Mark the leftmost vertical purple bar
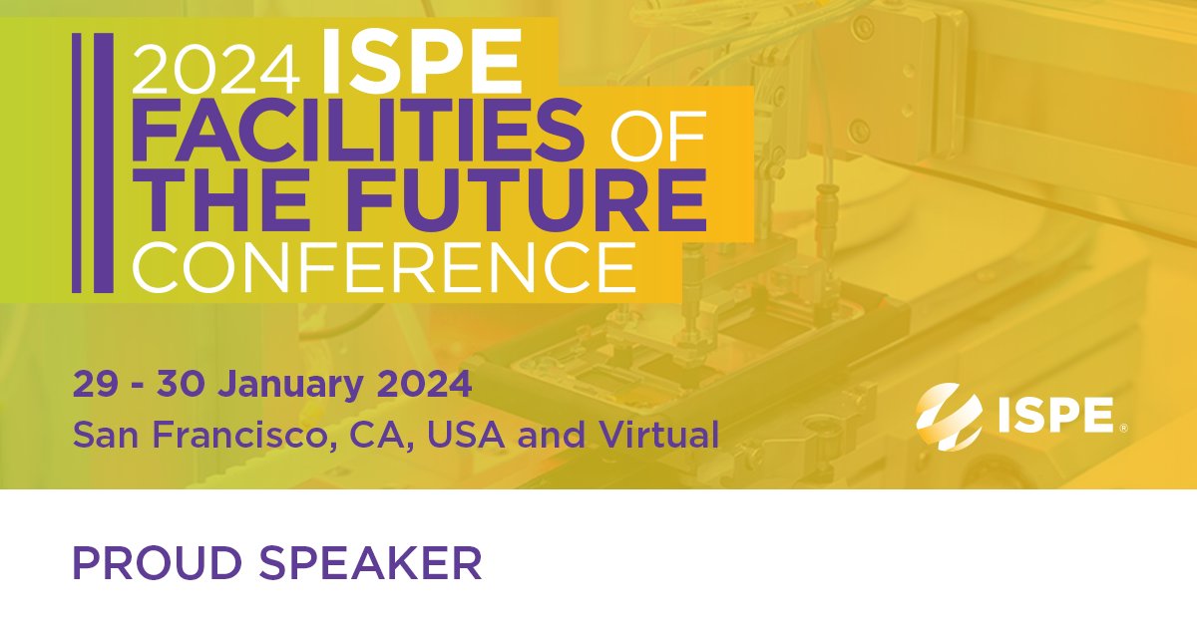(79, 163)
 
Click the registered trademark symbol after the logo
(1124, 429)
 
